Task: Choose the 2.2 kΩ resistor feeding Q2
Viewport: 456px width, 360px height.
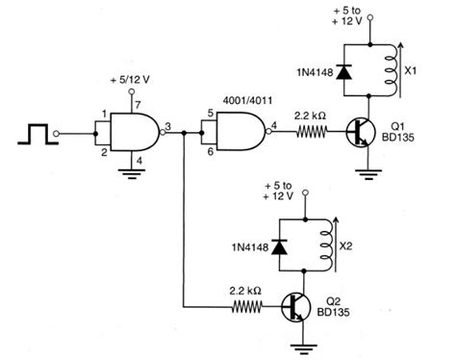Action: [245, 308]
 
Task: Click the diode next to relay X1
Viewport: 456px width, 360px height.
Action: [345, 68]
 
